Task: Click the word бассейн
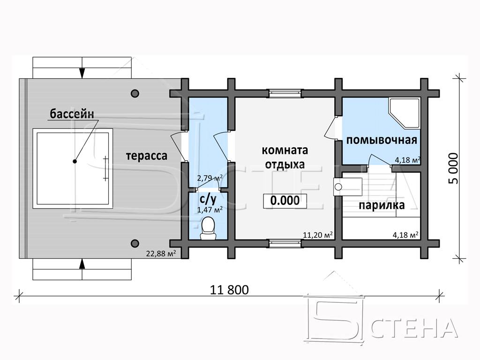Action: (x=72, y=114)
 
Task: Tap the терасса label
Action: (x=147, y=156)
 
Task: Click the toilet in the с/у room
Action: (x=208, y=228)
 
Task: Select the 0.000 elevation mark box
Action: (x=285, y=201)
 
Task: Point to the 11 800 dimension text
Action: (x=229, y=290)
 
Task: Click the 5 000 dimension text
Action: (x=454, y=168)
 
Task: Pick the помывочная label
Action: (x=382, y=140)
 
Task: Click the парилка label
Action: (x=382, y=205)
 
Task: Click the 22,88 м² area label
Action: (x=161, y=254)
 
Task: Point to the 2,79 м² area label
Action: (x=210, y=178)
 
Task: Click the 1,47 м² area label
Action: (x=210, y=210)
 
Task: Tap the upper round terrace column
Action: (x=135, y=93)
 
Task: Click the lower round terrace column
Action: (x=135, y=243)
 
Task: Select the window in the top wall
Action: (x=285, y=93)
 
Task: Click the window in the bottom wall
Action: (x=285, y=243)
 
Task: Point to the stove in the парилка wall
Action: (x=348, y=187)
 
